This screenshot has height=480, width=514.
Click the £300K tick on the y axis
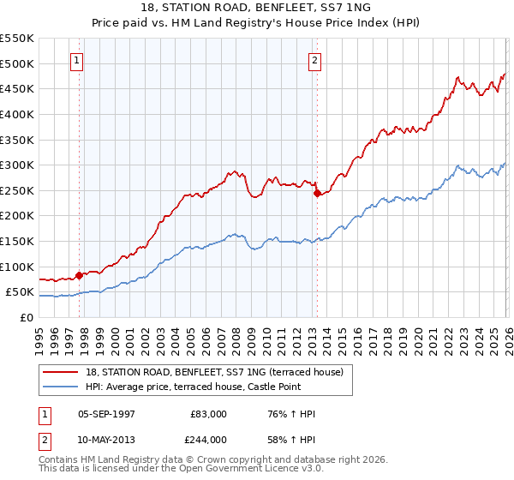tap(16, 165)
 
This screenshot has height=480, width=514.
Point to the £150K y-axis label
tap(16, 241)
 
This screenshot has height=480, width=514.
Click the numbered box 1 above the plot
tap(78, 61)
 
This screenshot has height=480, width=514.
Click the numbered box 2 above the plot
tap(315, 61)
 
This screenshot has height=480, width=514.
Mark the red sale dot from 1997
tap(80, 275)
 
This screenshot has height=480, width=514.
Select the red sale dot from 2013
tap(316, 194)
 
